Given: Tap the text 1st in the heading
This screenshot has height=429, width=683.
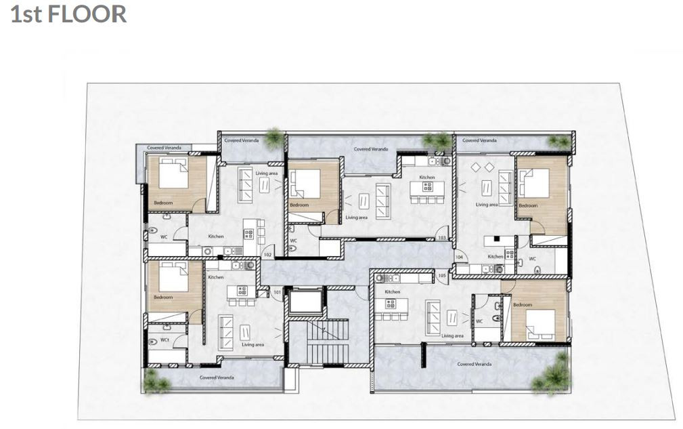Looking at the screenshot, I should (x=26, y=14).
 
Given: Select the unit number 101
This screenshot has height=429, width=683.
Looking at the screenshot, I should (x=277, y=292).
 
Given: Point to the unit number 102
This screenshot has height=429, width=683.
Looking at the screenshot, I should (x=267, y=255).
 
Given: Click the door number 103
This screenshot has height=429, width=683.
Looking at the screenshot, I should (x=441, y=238).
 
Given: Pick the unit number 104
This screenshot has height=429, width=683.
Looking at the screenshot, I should (x=458, y=258).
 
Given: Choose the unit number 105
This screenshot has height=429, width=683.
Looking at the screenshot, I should (x=442, y=276).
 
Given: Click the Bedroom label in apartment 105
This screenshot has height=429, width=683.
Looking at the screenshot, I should (x=523, y=305).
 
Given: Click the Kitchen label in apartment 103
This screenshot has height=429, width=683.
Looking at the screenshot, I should (x=426, y=177).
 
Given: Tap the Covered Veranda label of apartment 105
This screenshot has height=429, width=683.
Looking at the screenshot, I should (x=474, y=364).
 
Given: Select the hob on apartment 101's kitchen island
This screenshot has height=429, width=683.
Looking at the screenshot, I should (x=242, y=291).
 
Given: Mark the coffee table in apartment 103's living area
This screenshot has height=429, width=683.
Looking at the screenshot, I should (x=364, y=201).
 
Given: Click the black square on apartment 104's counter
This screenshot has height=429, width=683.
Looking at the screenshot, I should (x=495, y=238).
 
